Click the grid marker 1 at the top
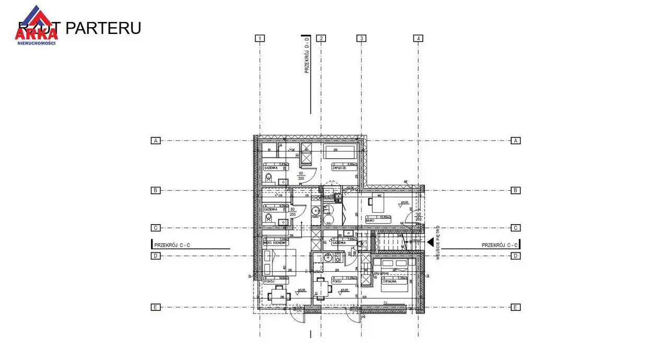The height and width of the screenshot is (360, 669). point(260,38)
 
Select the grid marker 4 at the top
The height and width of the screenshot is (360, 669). point(418,38)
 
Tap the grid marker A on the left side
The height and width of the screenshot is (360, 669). point(155,141)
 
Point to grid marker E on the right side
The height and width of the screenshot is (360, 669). point(515,307)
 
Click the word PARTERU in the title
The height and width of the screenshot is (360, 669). point(103,28)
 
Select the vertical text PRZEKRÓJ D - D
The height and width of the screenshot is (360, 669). point(307,54)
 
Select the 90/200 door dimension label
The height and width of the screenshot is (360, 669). point(301,176)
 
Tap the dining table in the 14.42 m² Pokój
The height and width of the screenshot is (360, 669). point(279,296)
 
